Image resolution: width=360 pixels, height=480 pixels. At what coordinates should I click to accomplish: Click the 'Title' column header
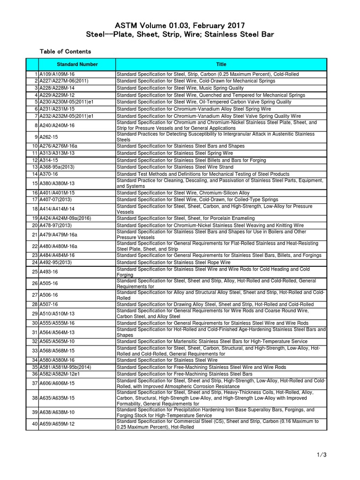click(x=221, y=64)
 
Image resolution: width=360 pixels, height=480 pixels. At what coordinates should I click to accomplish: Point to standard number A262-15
click(x=49, y=136)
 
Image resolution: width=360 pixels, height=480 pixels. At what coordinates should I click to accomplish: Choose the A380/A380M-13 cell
click(x=57, y=183)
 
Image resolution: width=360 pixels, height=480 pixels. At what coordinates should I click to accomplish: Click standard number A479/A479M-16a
click(x=59, y=234)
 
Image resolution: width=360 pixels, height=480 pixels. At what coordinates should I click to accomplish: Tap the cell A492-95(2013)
click(x=57, y=262)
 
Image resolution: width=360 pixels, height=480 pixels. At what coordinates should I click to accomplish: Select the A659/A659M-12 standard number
click(x=57, y=424)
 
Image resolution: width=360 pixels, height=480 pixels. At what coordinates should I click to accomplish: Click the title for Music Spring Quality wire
click(x=180, y=88)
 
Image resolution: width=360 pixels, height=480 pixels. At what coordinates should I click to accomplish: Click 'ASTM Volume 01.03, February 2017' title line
click(x=180, y=24)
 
